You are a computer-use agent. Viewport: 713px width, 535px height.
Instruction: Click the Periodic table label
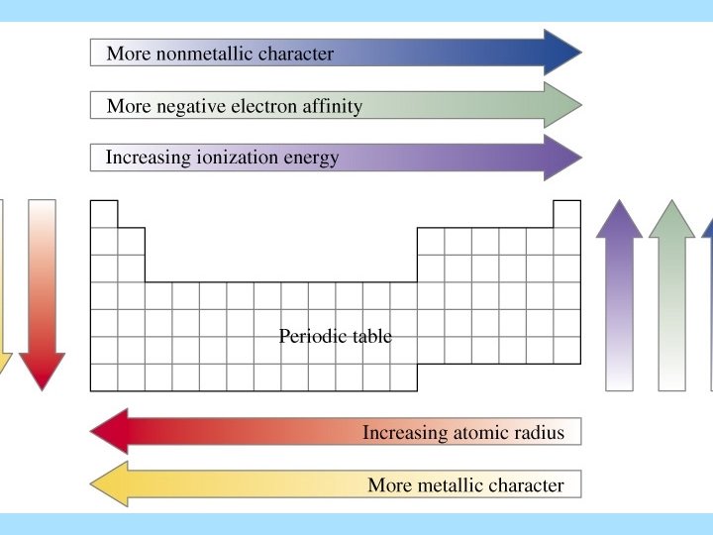pos(335,337)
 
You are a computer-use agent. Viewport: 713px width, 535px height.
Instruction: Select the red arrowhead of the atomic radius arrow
pos(110,432)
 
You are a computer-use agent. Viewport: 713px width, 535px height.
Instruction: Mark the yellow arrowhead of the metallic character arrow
pos(110,484)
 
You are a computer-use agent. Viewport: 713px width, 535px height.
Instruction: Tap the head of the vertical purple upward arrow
pos(620,219)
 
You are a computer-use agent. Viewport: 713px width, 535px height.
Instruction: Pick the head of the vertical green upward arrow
pos(672,219)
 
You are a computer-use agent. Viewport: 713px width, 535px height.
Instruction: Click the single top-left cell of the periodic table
pos(104,214)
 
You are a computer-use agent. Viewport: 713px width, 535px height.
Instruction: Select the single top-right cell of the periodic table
pos(566,214)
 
